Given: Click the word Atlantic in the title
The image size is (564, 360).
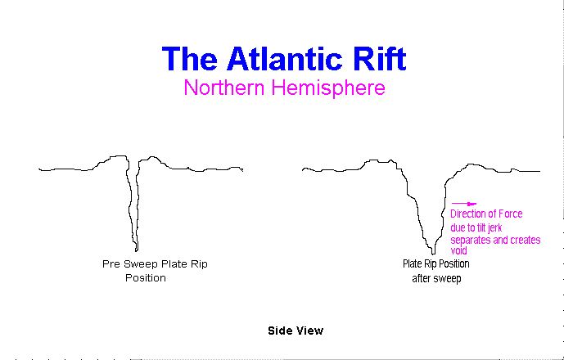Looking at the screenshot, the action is coord(284,59).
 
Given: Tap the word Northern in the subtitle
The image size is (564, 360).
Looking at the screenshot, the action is coord(224,88).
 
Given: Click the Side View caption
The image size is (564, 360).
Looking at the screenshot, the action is coord(296,331).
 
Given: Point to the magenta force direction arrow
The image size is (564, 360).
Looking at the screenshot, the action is coord(464,204).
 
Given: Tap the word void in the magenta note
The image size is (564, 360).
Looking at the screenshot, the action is coord(458,250).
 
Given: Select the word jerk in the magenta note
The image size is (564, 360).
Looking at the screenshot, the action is coord(494,227).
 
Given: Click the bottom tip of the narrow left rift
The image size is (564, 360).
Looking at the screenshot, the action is coord(137,251).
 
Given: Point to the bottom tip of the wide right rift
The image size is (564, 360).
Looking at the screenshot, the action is coord(433,254).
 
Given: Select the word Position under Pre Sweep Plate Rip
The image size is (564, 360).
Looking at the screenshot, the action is coord(146,278).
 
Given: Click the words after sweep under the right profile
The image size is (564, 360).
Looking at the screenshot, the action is coord(436,278).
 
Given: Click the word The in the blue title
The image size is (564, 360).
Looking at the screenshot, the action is coord(189,59).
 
